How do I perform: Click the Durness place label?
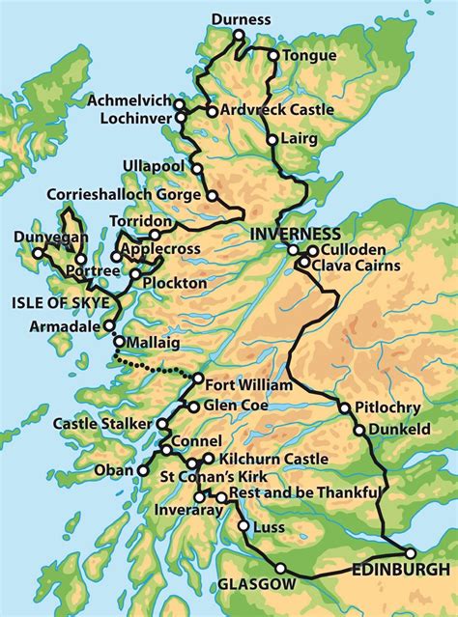click(x=241, y=18)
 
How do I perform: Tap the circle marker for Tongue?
click(x=273, y=56)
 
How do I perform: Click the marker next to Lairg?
click(x=273, y=140)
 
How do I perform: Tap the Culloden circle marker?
click(x=312, y=250)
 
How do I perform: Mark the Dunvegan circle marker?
click(x=39, y=254)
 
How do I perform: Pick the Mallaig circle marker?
click(x=119, y=342)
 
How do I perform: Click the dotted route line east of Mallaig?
click(x=155, y=368)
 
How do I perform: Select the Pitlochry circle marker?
click(x=343, y=407)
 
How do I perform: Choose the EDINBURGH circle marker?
click(x=410, y=553)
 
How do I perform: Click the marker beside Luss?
click(x=242, y=527)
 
